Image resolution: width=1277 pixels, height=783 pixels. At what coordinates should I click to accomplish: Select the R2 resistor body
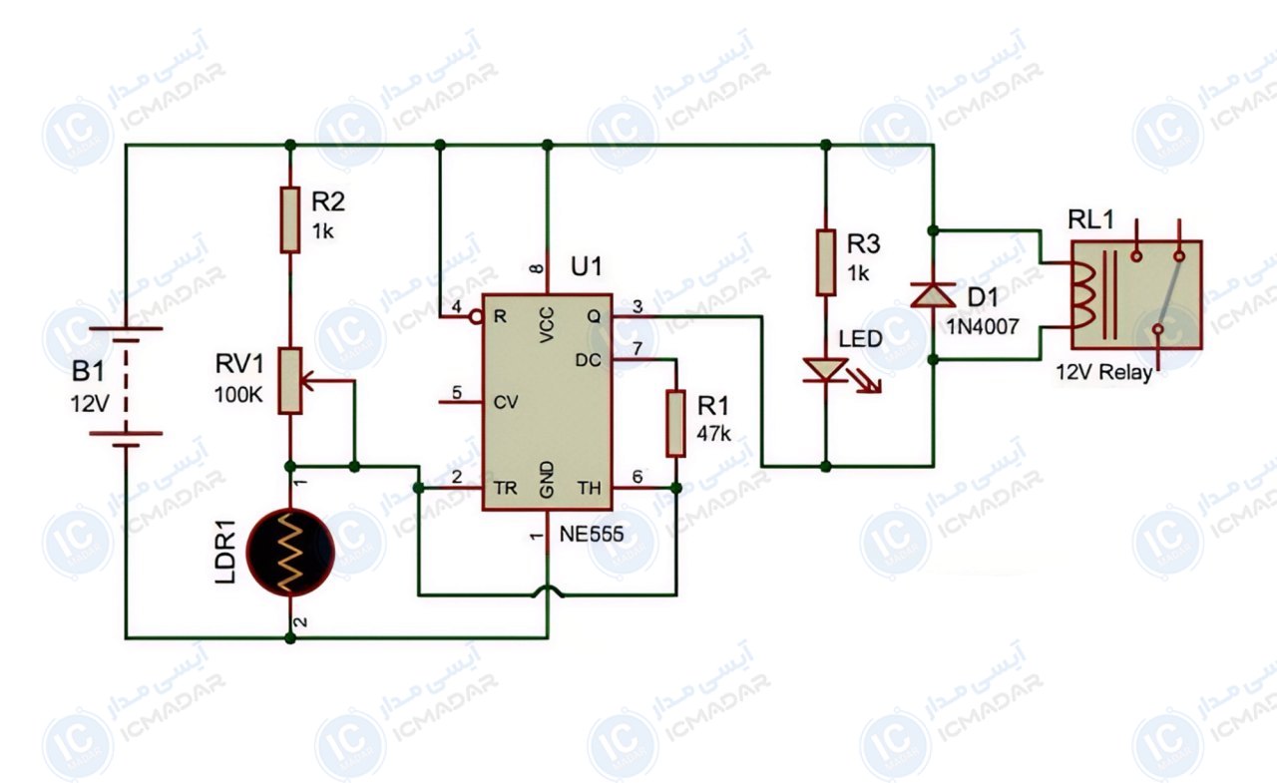[290, 219]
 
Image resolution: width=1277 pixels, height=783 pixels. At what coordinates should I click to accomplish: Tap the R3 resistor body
[825, 262]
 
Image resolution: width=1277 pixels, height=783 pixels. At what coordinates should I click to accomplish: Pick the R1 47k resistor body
[675, 423]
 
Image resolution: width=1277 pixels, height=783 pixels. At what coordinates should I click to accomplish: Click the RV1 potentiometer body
[290, 381]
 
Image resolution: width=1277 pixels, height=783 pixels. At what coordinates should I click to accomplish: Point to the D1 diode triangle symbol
[933, 294]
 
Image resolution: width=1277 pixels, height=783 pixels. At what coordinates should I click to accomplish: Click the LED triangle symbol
[825, 370]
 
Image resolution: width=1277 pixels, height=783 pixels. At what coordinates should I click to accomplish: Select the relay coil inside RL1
[1084, 296]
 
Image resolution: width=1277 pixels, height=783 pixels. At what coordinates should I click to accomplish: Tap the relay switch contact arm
[1168, 294]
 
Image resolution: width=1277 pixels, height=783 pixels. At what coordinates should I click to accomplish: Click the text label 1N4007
[983, 326]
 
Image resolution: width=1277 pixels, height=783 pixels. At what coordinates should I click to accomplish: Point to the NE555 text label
[592, 534]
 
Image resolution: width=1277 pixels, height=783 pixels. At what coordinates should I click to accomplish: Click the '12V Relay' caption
[1103, 372]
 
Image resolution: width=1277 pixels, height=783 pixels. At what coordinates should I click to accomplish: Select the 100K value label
[238, 394]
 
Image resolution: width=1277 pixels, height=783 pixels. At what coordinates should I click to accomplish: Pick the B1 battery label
[88, 372]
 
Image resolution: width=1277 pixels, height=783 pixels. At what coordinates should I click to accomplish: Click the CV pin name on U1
[506, 402]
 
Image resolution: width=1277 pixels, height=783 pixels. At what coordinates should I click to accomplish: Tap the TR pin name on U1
[506, 488]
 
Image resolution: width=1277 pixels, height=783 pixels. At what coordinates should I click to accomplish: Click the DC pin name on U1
[588, 360]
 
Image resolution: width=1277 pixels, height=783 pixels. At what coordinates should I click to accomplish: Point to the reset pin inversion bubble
[476, 316]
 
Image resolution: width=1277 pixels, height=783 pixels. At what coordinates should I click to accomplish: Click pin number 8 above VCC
[537, 268]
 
